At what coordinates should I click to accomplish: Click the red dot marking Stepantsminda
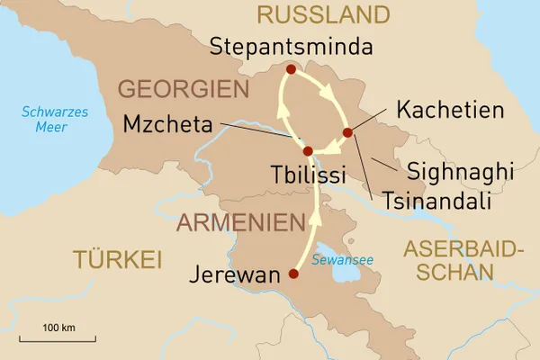(290, 69)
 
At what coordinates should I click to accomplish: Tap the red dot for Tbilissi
(308, 151)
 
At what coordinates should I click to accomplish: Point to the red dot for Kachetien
(348, 133)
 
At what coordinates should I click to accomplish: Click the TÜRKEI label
(117, 261)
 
